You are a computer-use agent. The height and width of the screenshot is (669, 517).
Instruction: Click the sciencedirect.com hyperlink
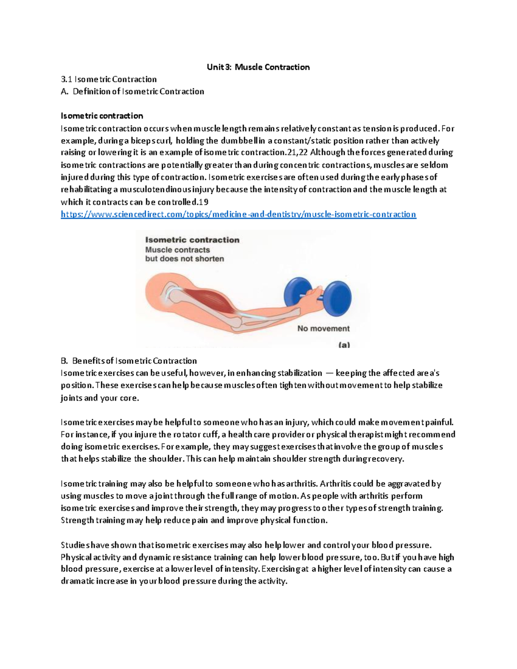click(x=238, y=214)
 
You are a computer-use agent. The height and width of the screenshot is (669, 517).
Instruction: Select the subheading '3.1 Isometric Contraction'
click(x=109, y=79)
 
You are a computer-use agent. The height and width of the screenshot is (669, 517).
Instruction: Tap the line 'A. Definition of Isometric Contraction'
click(x=132, y=91)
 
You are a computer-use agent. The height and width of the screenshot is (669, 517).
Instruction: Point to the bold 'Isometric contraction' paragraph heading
click(x=102, y=115)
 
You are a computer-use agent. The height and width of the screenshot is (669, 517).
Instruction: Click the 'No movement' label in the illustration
click(x=323, y=328)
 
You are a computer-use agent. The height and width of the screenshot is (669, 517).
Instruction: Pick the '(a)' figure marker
click(x=344, y=345)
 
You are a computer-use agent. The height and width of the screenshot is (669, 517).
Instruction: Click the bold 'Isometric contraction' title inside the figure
click(x=192, y=240)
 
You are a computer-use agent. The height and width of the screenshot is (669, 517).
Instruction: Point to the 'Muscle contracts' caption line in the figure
click(x=178, y=250)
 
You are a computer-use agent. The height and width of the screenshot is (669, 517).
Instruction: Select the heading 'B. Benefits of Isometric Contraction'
click(x=129, y=361)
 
